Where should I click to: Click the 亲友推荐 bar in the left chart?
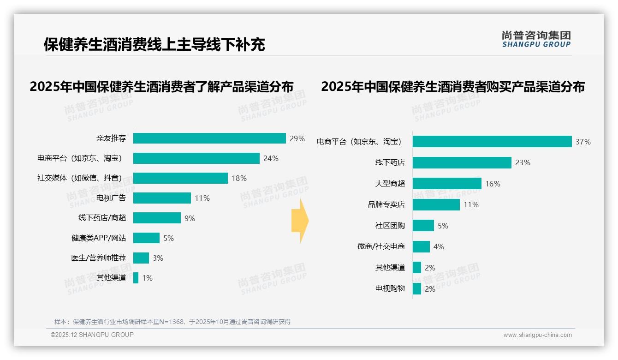click(x=209, y=138)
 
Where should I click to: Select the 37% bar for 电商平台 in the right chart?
click(x=492, y=142)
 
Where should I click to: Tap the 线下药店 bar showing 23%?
click(x=462, y=162)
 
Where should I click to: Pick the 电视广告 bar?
click(x=162, y=198)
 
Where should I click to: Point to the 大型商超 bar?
click(x=447, y=184)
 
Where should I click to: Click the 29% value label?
click(x=297, y=138)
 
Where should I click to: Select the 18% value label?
click(x=239, y=178)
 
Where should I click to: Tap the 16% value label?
click(x=493, y=184)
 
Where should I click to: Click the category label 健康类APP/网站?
click(x=98, y=238)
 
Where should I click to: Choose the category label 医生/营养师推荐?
click(x=98, y=258)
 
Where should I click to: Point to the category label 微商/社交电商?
click(x=381, y=246)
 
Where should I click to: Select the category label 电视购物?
click(x=390, y=288)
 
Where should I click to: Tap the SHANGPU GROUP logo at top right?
click(x=536, y=39)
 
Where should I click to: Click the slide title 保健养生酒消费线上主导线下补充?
click(x=154, y=45)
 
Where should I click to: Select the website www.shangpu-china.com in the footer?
click(x=537, y=335)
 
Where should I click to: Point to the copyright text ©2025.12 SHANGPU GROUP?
click(x=92, y=335)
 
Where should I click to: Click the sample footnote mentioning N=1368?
click(x=172, y=322)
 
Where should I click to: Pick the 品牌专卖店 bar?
click(x=436, y=204)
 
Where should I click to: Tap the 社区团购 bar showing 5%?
click(x=423, y=226)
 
